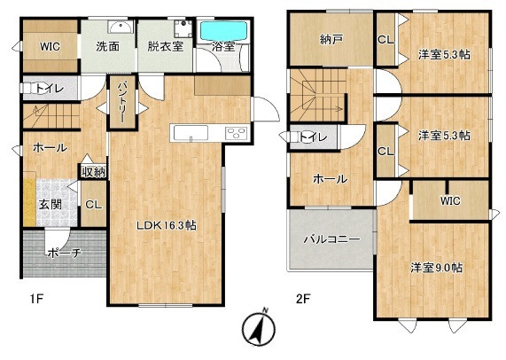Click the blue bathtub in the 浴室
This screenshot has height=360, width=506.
point(223,31)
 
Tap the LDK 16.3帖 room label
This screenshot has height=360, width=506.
point(167,225)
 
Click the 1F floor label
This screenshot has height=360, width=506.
point(36,299)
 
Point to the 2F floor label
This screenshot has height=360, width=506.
point(303,299)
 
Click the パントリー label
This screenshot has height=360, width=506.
point(122,102)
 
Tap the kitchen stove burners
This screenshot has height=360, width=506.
point(237,133)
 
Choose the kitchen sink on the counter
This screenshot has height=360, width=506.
point(191,133)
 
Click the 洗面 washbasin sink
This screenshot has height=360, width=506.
point(121,27)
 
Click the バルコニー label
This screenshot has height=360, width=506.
point(332,239)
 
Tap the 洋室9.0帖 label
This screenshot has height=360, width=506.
point(436,268)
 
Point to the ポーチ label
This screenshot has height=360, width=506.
point(64,253)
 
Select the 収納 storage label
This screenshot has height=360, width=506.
point(93,172)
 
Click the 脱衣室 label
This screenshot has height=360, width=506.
point(166,46)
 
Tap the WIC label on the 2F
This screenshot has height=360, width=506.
point(450,200)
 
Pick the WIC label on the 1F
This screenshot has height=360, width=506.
point(50,46)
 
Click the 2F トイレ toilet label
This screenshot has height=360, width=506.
point(313,137)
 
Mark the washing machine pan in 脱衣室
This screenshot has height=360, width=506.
point(183,28)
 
